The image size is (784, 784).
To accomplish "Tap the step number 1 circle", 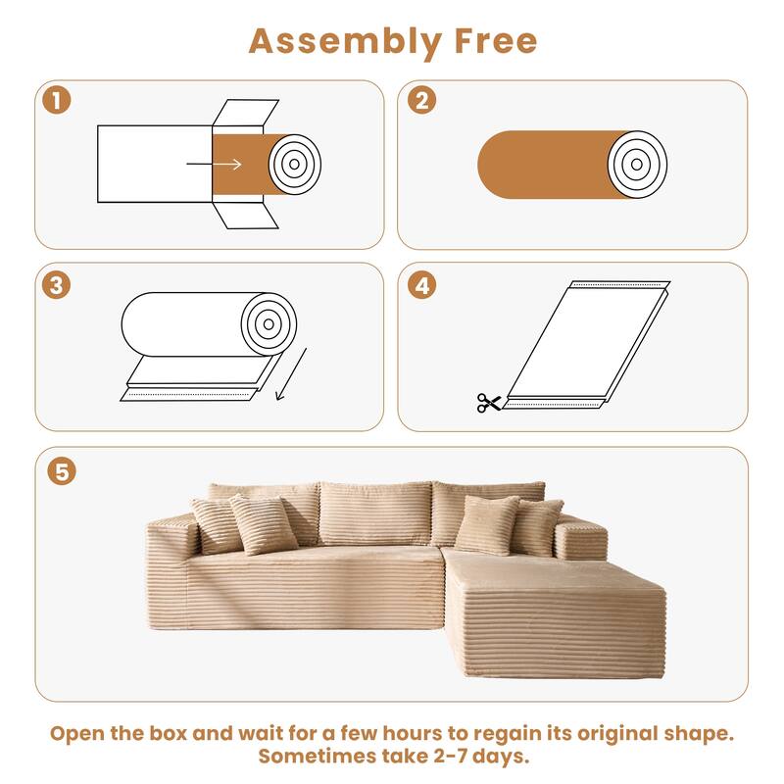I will click(57, 101).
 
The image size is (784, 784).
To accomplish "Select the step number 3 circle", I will click(57, 284).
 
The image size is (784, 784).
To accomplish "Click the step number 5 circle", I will click(62, 470).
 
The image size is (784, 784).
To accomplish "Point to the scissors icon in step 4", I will click(488, 402).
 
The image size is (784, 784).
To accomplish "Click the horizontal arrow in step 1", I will click(229, 164).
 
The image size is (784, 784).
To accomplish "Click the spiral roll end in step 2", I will click(637, 161).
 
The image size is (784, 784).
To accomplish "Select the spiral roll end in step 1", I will click(295, 164).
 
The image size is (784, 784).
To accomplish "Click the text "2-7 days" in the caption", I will click(482, 758).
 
